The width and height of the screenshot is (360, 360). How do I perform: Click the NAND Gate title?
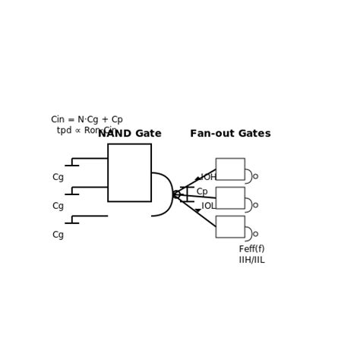point(129,134)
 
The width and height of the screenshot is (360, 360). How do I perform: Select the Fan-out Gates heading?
point(230,134)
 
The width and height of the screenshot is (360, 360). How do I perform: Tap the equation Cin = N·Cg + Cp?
point(87,120)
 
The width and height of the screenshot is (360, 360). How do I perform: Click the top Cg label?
point(58,178)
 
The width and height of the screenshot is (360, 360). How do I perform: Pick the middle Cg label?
point(58,207)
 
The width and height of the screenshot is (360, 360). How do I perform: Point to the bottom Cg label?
point(58,235)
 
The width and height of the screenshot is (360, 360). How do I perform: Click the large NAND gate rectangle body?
point(129,172)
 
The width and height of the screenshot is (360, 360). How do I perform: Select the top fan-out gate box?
point(230,169)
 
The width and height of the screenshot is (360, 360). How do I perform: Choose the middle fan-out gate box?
point(230,197)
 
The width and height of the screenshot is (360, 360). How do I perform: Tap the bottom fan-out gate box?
point(230,226)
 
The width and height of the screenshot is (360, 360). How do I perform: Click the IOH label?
point(209,178)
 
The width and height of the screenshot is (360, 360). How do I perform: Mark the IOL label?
point(209,206)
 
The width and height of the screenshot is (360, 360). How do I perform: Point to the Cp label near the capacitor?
point(202,192)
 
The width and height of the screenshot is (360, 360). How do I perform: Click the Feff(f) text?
point(251,249)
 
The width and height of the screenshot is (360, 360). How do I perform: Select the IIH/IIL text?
point(251,261)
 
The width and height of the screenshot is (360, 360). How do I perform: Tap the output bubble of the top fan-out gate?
point(255,176)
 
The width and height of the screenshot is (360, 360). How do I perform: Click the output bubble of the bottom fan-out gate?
point(255,234)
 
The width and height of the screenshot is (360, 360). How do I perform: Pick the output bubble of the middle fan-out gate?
point(255,205)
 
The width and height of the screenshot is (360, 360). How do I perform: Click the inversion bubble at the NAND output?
point(177,194)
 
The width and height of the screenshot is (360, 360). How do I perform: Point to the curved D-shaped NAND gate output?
point(162,194)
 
